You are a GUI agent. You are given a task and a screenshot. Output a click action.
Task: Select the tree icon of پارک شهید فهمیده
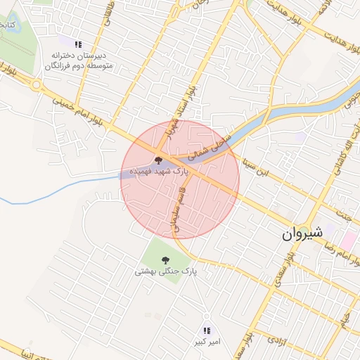(x=157, y=161)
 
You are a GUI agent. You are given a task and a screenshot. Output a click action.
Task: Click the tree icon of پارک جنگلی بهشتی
(x=165, y=259)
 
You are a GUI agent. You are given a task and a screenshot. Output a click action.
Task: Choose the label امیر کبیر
(x=206, y=342)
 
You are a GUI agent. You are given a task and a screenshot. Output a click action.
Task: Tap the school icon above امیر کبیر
(x=206, y=330)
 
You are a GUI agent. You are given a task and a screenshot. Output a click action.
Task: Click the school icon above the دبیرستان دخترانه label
(x=78, y=44)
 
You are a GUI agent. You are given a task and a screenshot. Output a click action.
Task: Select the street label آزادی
(x=277, y=340)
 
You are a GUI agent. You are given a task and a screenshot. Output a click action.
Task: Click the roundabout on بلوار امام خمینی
(x=36, y=84)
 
